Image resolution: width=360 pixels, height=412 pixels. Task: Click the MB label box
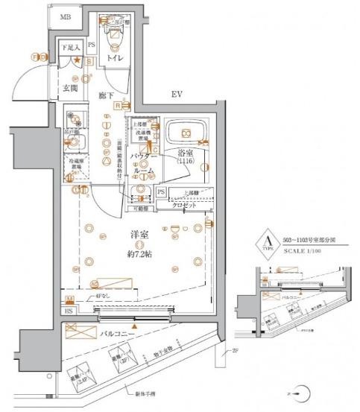(x=66, y=16)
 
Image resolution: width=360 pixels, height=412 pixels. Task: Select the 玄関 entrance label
(x=70, y=89)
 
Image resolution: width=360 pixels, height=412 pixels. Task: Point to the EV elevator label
(x=177, y=95)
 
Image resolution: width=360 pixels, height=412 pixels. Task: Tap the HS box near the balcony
(x=69, y=311)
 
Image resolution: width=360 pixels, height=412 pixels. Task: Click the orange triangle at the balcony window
(x=134, y=326)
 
